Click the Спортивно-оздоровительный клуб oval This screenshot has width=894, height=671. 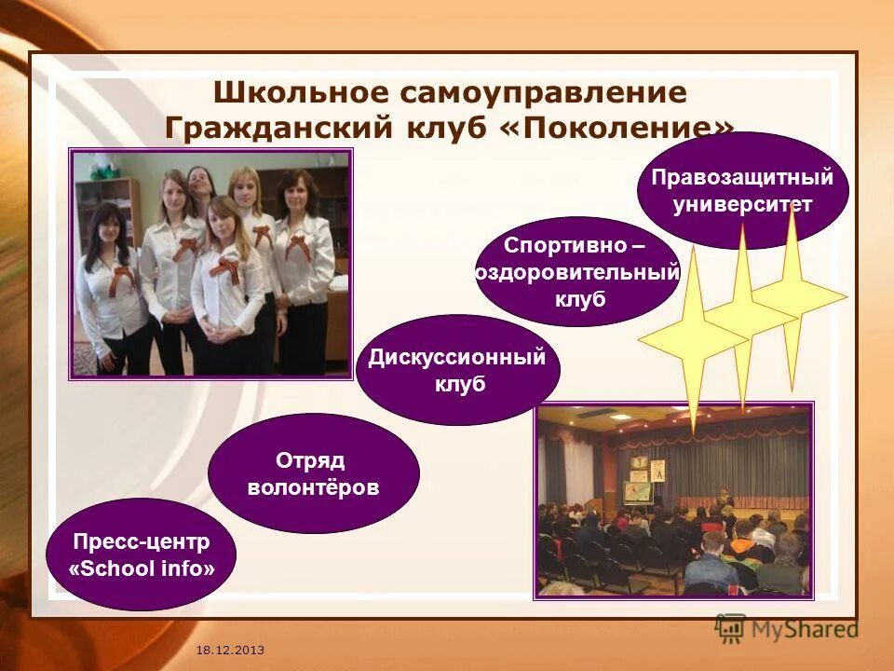(576, 272)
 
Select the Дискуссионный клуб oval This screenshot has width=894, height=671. (457, 370)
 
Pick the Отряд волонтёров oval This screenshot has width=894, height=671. (313, 473)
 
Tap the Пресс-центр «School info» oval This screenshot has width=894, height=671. (141, 555)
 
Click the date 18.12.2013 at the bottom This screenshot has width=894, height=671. (230, 648)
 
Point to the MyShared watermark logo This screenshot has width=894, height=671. (787, 629)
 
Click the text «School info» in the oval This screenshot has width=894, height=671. (141, 568)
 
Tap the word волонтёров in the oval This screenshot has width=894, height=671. (313, 487)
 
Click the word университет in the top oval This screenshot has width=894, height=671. (742, 204)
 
